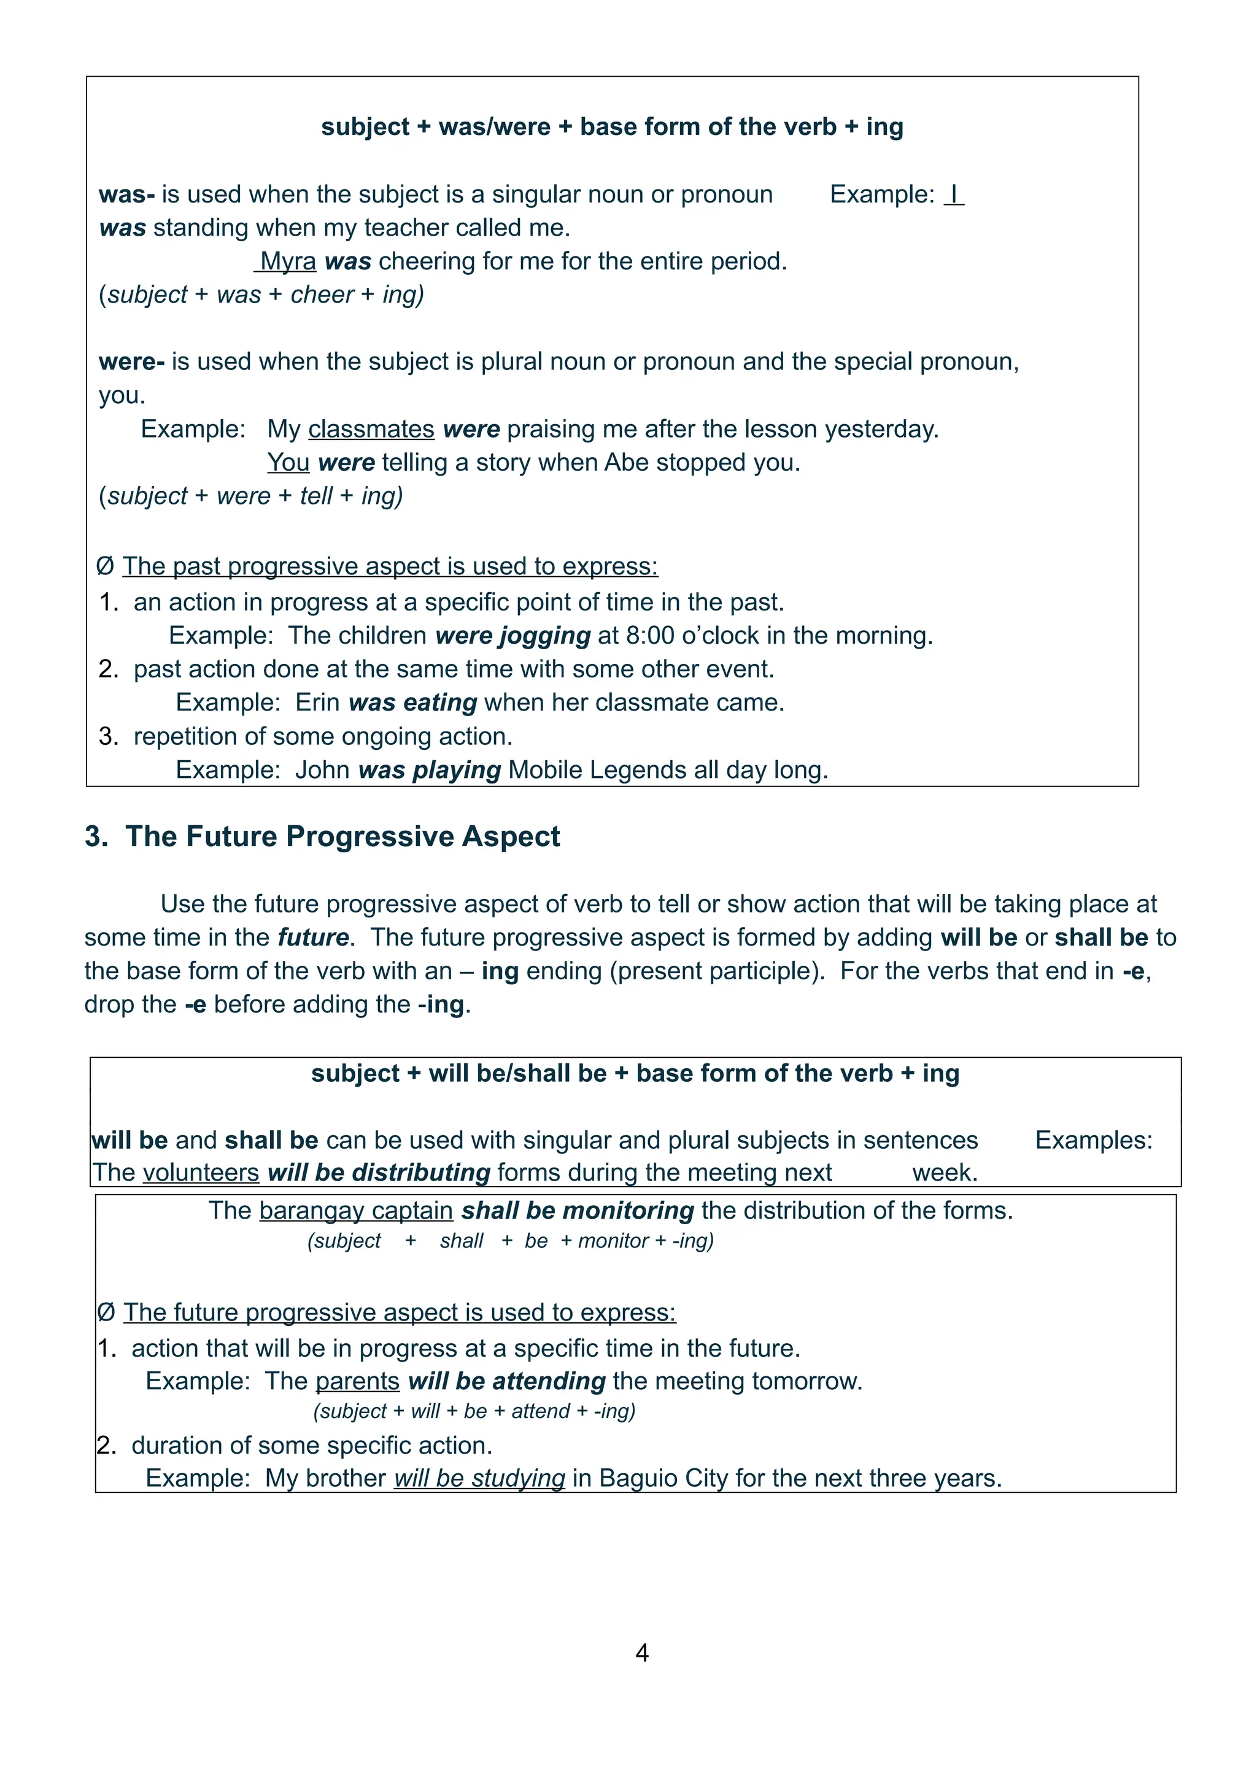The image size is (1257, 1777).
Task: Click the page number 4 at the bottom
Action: point(641,1652)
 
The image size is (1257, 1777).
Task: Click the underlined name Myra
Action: point(287,261)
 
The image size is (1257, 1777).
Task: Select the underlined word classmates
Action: point(371,430)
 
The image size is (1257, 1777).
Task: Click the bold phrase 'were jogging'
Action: point(512,636)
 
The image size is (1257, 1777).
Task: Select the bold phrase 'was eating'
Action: point(412,703)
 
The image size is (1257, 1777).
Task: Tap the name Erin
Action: point(317,703)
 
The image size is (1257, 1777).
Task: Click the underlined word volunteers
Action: point(201,1173)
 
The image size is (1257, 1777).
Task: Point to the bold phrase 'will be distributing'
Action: point(379,1173)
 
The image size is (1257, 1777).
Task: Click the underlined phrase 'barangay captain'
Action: point(356,1211)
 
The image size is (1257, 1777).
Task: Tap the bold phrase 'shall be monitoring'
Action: point(578,1211)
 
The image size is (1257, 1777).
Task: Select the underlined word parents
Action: point(358,1381)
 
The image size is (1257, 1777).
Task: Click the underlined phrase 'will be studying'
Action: point(479,1478)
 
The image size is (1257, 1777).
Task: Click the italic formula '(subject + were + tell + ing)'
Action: point(252,496)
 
